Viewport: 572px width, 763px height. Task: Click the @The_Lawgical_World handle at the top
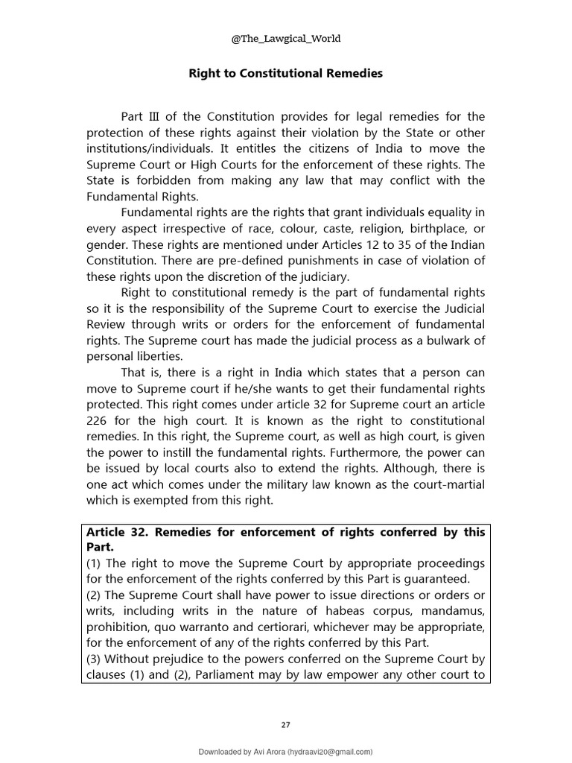click(x=285, y=39)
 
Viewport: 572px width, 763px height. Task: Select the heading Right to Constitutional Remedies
click(x=285, y=74)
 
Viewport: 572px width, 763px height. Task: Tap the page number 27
click(x=285, y=724)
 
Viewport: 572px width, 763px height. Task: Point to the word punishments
click(x=293, y=260)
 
